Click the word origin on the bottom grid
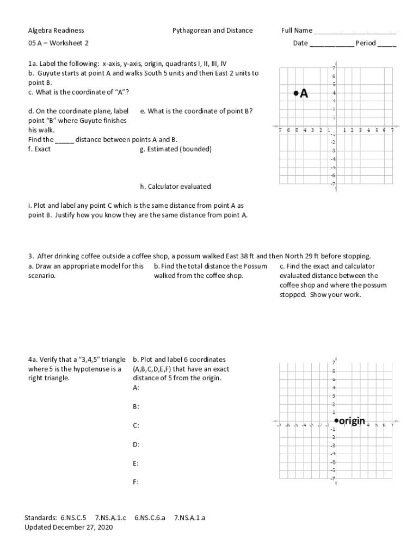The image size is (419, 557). click(x=352, y=420)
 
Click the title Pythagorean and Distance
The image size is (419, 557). click(x=212, y=30)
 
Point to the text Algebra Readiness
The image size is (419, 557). click(x=56, y=30)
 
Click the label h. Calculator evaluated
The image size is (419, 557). click(x=175, y=187)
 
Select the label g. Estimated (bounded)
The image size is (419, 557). click(x=176, y=149)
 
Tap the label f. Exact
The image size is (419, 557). click(x=39, y=149)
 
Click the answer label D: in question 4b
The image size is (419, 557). click(x=135, y=444)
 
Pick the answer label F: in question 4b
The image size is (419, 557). click(x=135, y=482)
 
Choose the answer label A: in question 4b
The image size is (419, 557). click(x=135, y=388)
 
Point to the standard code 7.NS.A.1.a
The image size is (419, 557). click(x=189, y=518)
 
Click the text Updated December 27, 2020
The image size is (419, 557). click(x=69, y=528)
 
